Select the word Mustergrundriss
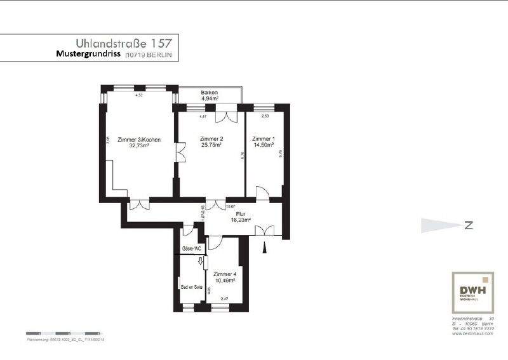point(88,55)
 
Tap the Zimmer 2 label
point(211,138)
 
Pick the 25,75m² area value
point(211,145)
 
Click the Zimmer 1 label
point(263,138)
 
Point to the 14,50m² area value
point(263,145)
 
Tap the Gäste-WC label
point(191,248)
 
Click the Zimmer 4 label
point(224,274)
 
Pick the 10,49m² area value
point(224,280)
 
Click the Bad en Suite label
point(191,287)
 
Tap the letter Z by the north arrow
point(468,225)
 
